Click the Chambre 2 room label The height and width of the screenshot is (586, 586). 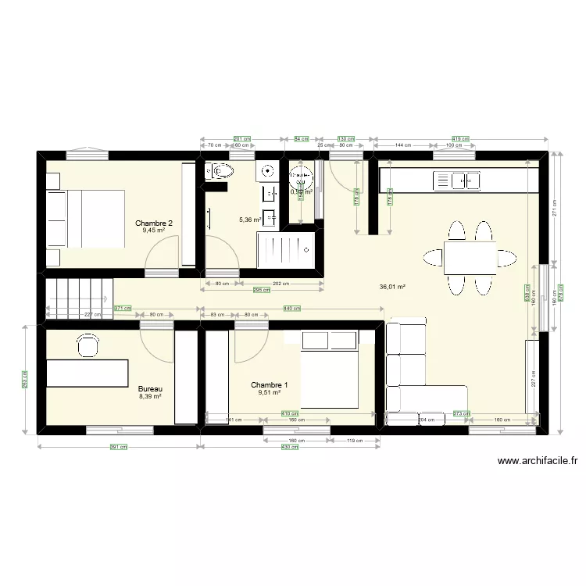tap(154, 223)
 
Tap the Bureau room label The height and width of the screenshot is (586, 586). tap(150, 388)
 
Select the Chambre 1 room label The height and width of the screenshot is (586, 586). tap(270, 384)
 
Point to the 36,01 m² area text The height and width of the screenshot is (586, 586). tap(392, 287)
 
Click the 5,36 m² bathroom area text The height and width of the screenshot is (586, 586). tap(250, 220)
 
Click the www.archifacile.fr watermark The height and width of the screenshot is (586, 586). tap(537, 461)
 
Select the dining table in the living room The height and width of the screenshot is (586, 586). tap(470, 256)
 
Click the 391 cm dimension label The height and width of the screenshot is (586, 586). tap(118, 447)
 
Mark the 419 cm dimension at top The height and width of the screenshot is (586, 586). tap(462, 138)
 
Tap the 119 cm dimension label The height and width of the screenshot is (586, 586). tap(355, 441)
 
